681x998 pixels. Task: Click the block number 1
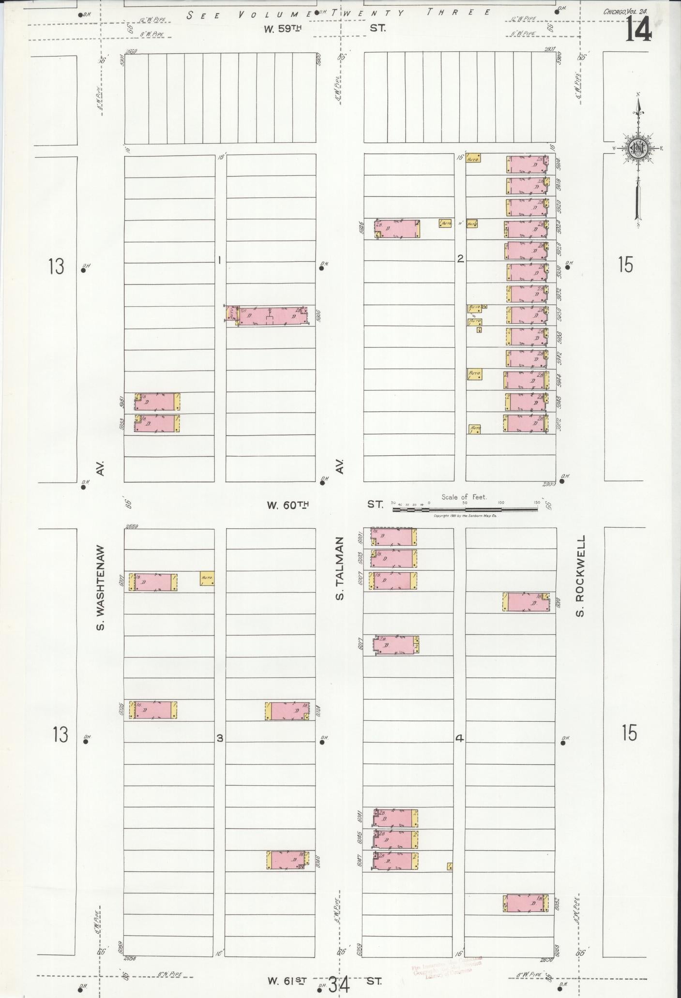(x=219, y=260)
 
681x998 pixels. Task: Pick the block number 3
(x=220, y=738)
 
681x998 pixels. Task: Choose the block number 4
(x=459, y=738)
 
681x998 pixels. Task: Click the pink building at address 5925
(x=397, y=229)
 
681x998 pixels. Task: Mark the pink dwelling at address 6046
(x=288, y=861)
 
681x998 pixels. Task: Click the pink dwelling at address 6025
(x=152, y=710)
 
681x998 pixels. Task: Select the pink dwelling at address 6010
(x=526, y=602)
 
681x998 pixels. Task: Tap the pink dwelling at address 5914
(x=528, y=164)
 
